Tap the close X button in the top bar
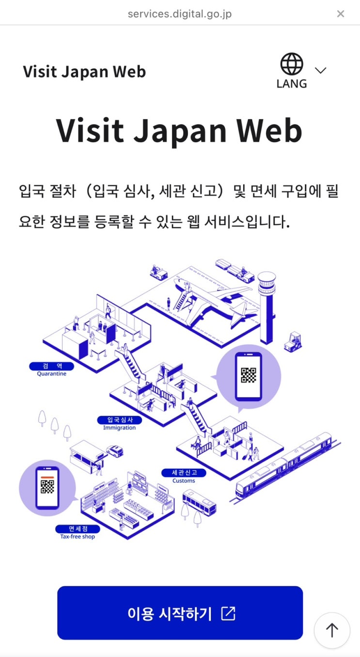point(340,14)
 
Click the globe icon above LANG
point(292,64)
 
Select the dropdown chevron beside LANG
point(320,70)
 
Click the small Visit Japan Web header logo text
point(84,72)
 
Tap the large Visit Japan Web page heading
point(179,130)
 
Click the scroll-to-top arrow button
point(332,630)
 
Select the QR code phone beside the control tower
point(248,376)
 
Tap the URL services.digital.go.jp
point(180,14)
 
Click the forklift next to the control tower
point(293,342)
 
